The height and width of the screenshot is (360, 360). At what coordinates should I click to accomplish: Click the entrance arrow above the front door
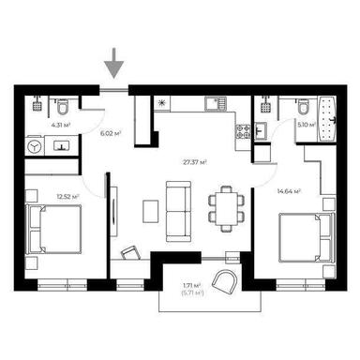[x=113, y=67]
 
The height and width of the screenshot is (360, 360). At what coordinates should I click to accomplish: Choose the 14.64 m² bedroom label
[x=289, y=191]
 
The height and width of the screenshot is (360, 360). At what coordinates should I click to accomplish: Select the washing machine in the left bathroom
[x=34, y=146]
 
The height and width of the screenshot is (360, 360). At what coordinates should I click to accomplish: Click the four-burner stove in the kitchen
[x=242, y=133]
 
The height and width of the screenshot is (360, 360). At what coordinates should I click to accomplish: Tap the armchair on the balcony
[x=226, y=279]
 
